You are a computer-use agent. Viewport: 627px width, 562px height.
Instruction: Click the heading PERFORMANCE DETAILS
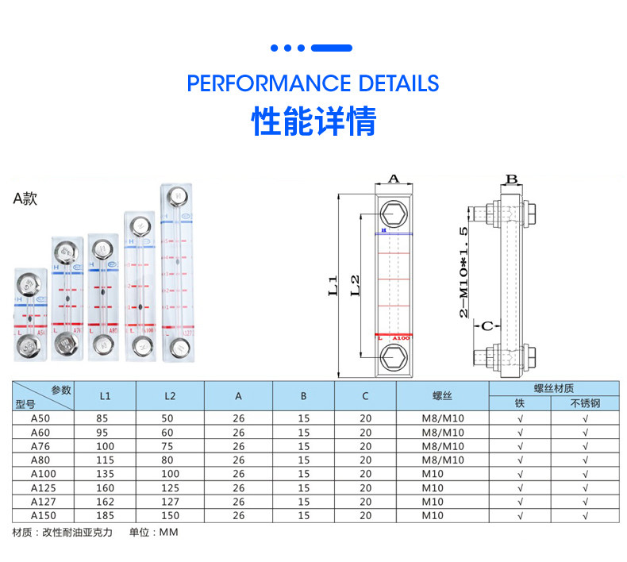313,83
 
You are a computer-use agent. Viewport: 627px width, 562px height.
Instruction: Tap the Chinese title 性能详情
313,122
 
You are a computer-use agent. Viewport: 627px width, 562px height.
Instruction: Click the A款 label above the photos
25,199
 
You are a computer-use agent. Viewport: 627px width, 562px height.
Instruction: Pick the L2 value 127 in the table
170,502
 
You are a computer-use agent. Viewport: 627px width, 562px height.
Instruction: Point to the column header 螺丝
442,395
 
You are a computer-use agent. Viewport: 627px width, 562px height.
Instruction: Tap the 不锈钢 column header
585,403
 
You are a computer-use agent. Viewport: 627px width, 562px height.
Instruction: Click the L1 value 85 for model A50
106,418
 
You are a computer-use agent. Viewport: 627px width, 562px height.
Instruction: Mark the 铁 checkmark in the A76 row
520,446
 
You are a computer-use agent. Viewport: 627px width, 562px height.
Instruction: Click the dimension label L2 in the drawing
356,284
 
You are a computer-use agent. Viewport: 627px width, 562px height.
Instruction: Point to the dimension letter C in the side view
488,325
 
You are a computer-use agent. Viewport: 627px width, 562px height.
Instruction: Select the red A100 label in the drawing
401,337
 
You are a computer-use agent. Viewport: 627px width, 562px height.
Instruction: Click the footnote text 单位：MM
154,532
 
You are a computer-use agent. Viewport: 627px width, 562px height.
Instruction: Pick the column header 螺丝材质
552,388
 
